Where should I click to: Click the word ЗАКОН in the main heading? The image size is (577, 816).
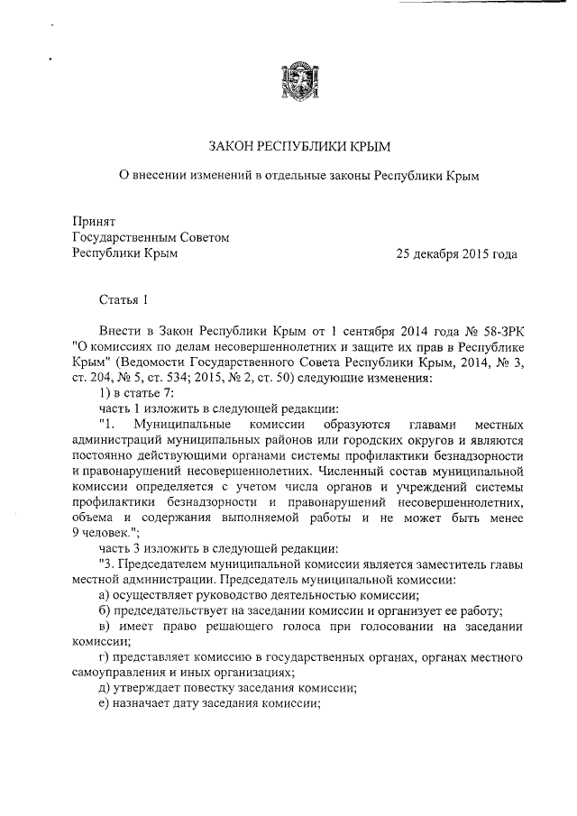(x=234, y=146)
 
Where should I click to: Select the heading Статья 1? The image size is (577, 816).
(x=123, y=299)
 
